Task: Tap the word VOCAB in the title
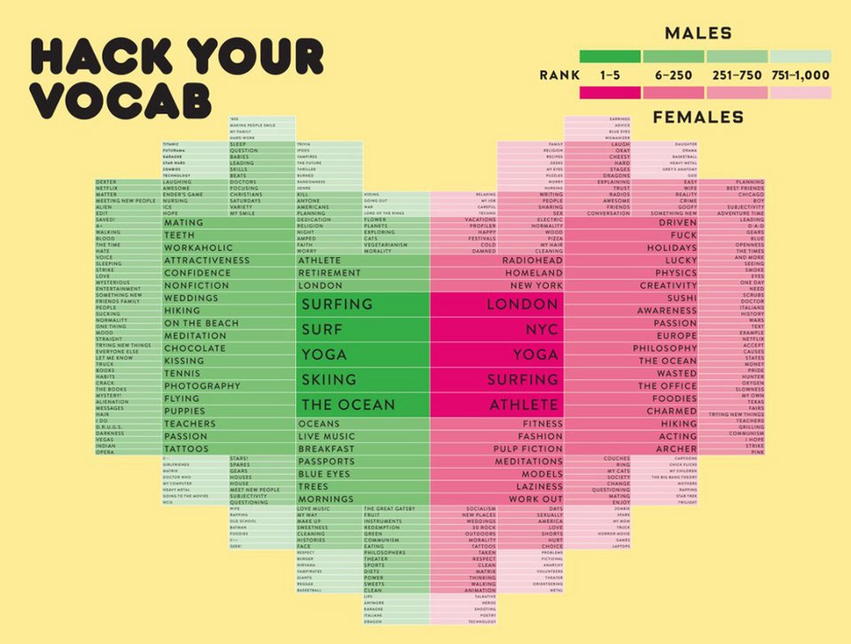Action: tap(121, 100)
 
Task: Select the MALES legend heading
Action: tap(698, 34)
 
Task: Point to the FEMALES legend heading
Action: tap(698, 117)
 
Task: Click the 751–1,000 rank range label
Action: tap(800, 75)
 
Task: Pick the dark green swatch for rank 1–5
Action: tap(609, 57)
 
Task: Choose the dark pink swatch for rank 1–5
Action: tap(609, 93)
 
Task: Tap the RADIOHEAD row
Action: tap(532, 261)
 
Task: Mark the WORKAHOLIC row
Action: tap(198, 248)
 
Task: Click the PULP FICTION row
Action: tap(528, 449)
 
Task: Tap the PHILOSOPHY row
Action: tap(665, 348)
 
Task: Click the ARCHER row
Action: tap(676, 449)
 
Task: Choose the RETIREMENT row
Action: tap(329, 274)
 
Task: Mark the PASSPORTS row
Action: tap(326, 462)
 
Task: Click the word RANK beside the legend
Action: tap(559, 75)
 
